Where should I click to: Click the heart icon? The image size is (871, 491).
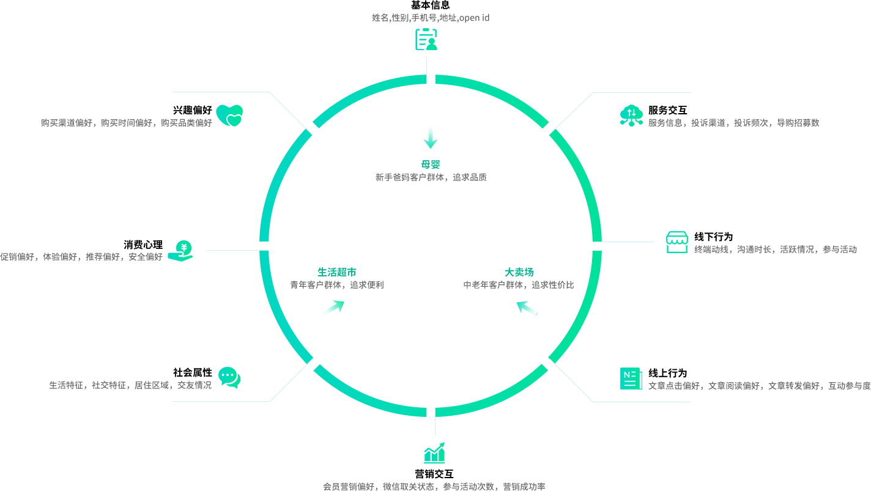(x=229, y=115)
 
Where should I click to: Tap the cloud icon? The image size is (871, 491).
(x=631, y=115)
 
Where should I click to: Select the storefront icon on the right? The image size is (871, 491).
(x=676, y=242)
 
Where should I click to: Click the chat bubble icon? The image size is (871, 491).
(x=229, y=378)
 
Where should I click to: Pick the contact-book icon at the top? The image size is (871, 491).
(x=426, y=39)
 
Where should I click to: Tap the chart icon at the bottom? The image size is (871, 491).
(x=434, y=452)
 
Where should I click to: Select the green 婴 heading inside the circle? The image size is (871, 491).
(x=435, y=164)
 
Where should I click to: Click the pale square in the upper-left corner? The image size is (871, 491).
(x=291, y=114)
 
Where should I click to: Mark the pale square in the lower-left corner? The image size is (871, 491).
(x=292, y=379)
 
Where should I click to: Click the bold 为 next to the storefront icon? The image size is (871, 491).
(x=728, y=237)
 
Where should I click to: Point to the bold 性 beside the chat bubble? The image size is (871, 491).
(x=207, y=372)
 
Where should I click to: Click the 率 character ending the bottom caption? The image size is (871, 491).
(x=540, y=487)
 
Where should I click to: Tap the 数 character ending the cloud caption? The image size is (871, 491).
(x=815, y=123)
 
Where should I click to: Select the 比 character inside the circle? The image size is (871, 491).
(x=569, y=285)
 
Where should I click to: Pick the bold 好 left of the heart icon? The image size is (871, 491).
(x=207, y=111)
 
